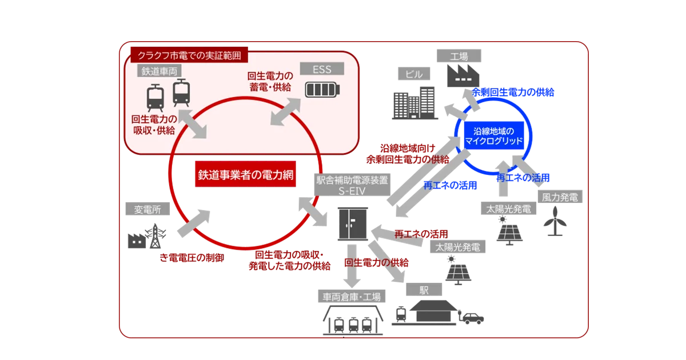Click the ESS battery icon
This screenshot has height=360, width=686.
[x=322, y=90]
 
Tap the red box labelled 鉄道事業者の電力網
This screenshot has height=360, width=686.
[x=246, y=175]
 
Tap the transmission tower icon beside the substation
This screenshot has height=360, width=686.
[x=154, y=235]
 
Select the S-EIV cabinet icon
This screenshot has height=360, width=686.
[x=352, y=223]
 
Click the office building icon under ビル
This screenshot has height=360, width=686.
[x=415, y=103]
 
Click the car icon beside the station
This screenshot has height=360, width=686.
[x=472, y=318]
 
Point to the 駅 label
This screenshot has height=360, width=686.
[x=424, y=290]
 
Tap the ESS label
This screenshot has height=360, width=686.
[x=321, y=70]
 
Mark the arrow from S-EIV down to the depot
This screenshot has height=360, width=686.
[x=352, y=265]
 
